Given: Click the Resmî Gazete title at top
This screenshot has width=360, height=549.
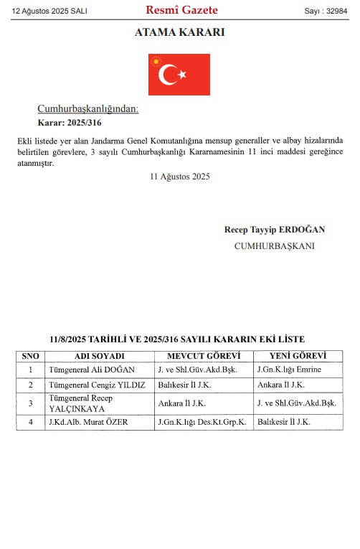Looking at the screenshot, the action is click(181, 10).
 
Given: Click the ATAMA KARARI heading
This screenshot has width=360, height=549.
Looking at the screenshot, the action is click(179, 32).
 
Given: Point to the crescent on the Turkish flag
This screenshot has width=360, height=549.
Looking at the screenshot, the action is click(170, 75).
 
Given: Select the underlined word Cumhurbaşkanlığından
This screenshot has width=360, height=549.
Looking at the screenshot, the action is click(87, 108).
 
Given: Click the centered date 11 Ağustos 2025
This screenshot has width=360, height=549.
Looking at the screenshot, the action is click(180, 177).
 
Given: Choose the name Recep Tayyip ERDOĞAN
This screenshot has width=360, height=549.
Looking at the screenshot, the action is click(275, 230).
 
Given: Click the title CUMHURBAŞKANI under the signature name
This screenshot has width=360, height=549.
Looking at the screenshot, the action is click(274, 245).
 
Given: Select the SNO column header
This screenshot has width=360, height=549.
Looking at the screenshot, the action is click(31, 356).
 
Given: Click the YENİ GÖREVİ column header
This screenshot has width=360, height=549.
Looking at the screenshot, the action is click(298, 356).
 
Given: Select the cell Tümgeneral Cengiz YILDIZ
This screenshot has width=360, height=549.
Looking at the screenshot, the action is click(96, 384).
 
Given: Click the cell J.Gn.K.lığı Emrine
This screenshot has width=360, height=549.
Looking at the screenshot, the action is click(289, 370).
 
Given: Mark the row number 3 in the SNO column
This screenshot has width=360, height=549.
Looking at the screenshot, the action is click(31, 403).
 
